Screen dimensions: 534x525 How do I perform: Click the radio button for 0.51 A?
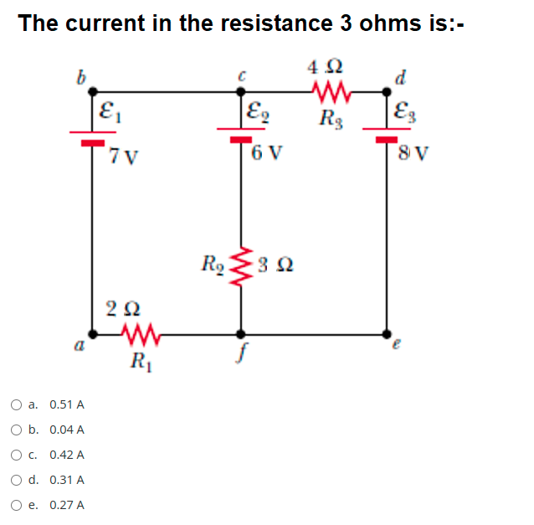16,404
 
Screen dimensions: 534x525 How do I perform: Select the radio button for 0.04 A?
16,430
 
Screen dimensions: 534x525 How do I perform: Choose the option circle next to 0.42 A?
16,455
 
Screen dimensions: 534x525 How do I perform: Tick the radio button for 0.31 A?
16,480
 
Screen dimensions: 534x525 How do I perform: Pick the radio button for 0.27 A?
16,505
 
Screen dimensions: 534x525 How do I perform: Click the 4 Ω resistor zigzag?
331,91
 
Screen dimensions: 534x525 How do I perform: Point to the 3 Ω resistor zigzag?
241,267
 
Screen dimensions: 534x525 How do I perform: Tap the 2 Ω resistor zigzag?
141,334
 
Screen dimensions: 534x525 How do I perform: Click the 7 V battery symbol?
93,137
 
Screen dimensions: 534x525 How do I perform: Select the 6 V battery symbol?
241,135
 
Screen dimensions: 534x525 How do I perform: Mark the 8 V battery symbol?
387,135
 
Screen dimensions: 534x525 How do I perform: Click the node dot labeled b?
92,91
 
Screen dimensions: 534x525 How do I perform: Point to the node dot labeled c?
241,91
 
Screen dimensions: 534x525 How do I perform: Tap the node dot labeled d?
387,91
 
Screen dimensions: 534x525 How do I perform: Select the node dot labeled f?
241,334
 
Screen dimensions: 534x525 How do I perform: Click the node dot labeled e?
387,334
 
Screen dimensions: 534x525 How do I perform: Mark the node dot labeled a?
92,334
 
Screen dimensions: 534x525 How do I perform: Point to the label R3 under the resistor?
331,120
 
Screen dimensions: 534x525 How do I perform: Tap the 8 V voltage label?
413,153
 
